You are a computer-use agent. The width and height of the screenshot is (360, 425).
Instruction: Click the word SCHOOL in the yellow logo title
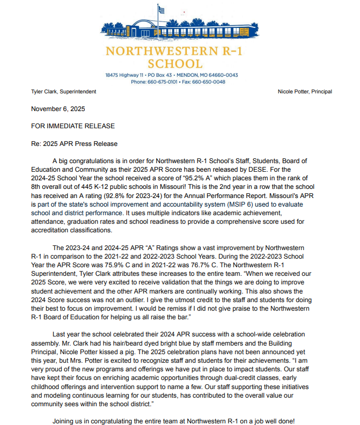[180, 64]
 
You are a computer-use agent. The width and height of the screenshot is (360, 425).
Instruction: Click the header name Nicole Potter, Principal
[305, 92]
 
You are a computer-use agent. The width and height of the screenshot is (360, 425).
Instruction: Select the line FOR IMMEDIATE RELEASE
[72, 126]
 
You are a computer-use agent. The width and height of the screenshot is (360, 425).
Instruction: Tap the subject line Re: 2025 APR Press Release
[74, 144]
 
